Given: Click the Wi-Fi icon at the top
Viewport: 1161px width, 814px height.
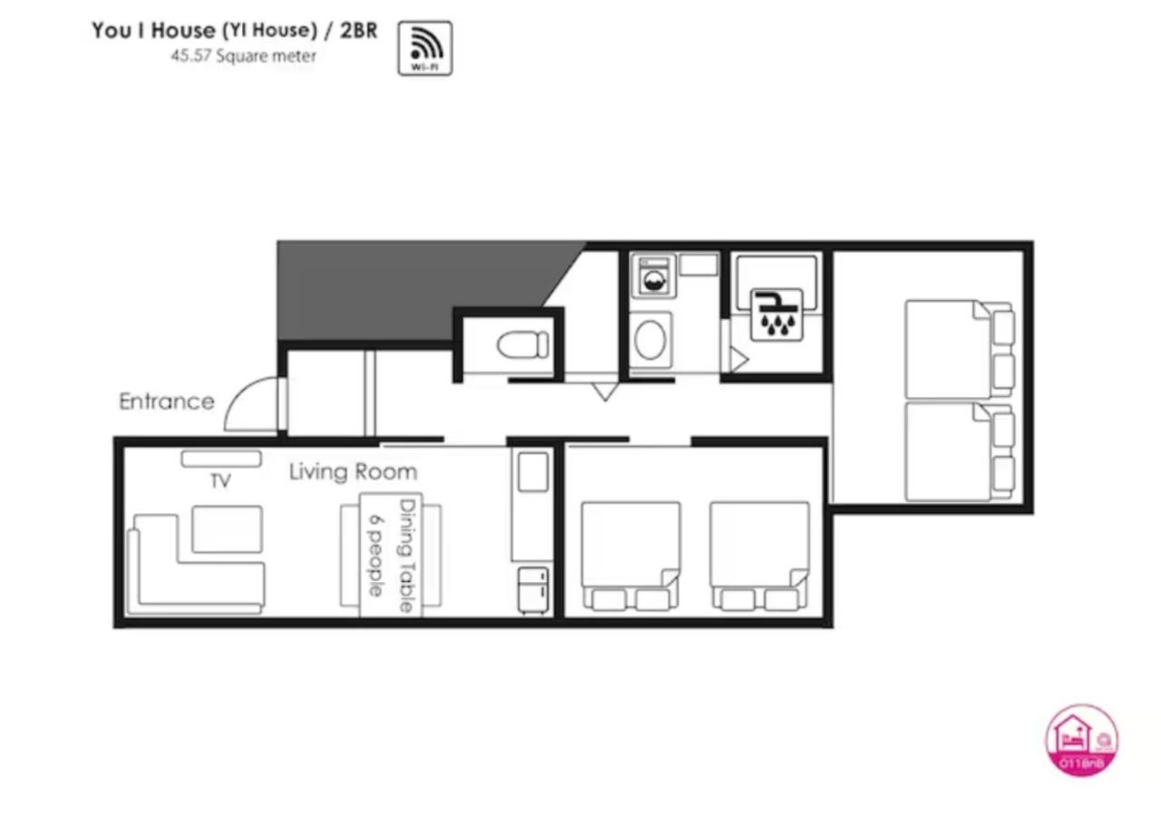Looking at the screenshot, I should (x=424, y=48).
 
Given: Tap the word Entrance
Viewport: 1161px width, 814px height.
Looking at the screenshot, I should (x=167, y=402).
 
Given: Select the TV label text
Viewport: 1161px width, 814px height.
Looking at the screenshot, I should (x=220, y=481).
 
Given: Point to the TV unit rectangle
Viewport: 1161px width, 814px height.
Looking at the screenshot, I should (x=221, y=460).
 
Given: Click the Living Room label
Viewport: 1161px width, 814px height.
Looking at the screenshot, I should (x=353, y=472).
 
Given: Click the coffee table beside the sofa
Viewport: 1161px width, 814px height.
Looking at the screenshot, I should (x=227, y=529).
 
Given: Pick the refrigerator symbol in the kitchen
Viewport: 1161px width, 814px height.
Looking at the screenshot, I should (x=533, y=590).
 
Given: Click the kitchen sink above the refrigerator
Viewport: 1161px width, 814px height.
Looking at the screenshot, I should (x=532, y=472).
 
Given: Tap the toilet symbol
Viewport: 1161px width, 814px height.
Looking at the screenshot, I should (x=523, y=344).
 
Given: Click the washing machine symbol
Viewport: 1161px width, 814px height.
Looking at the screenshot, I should (x=653, y=276).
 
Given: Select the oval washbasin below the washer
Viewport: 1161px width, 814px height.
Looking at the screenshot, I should (x=651, y=340).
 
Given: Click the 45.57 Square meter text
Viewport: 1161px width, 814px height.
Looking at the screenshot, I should (x=244, y=55).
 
